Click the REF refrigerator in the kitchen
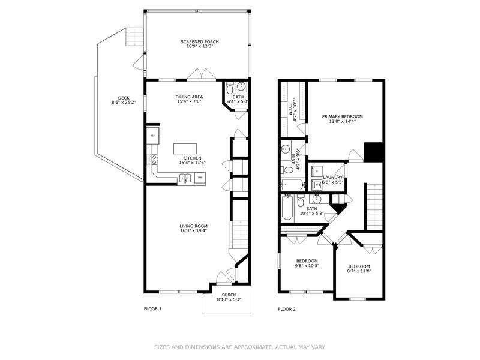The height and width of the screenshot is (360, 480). pos(152,136)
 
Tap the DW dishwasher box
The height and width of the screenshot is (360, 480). pos(200,178)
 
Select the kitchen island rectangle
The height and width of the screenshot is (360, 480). pos(185,149)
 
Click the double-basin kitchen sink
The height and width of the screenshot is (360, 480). pos(185,178)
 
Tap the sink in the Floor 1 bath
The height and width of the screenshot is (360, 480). pos(241,86)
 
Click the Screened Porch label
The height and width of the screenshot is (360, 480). pos(200,42)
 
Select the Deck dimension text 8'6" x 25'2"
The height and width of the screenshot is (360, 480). pos(124,103)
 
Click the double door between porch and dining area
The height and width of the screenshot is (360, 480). pos(200,75)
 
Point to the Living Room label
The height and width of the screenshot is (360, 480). pos(193,226)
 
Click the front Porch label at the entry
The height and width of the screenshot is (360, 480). pos(229,295)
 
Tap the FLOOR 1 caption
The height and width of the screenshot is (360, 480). pos(152,309)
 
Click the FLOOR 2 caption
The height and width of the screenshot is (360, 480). pos(287,309)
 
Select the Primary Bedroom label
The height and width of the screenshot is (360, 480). pos(342,116)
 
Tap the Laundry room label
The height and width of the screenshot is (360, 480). pos(332,177)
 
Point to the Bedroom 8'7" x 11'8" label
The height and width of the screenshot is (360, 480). pos(359,266)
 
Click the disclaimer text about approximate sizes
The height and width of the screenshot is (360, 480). pos(240,347)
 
